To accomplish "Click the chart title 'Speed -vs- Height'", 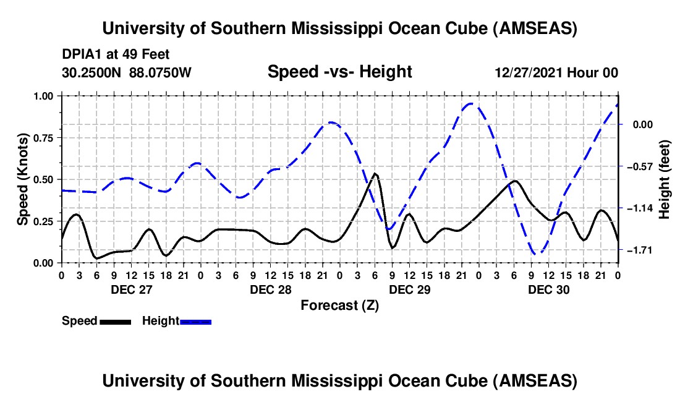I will tap(339, 72).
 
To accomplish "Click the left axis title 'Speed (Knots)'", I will tap(23, 179).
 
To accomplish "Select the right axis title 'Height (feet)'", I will tap(665, 179).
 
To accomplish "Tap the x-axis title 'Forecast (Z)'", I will tap(339, 305).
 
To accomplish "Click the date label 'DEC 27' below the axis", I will tap(130, 289).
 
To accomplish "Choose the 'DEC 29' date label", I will tap(409, 289).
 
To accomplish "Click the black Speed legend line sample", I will tap(115, 322).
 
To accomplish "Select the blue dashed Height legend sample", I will tap(195, 322).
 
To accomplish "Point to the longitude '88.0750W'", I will tap(161, 73).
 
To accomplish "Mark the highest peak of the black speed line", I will tap(375, 174).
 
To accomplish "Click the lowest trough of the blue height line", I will tap(537, 253).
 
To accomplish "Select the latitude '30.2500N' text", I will tap(93, 73).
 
